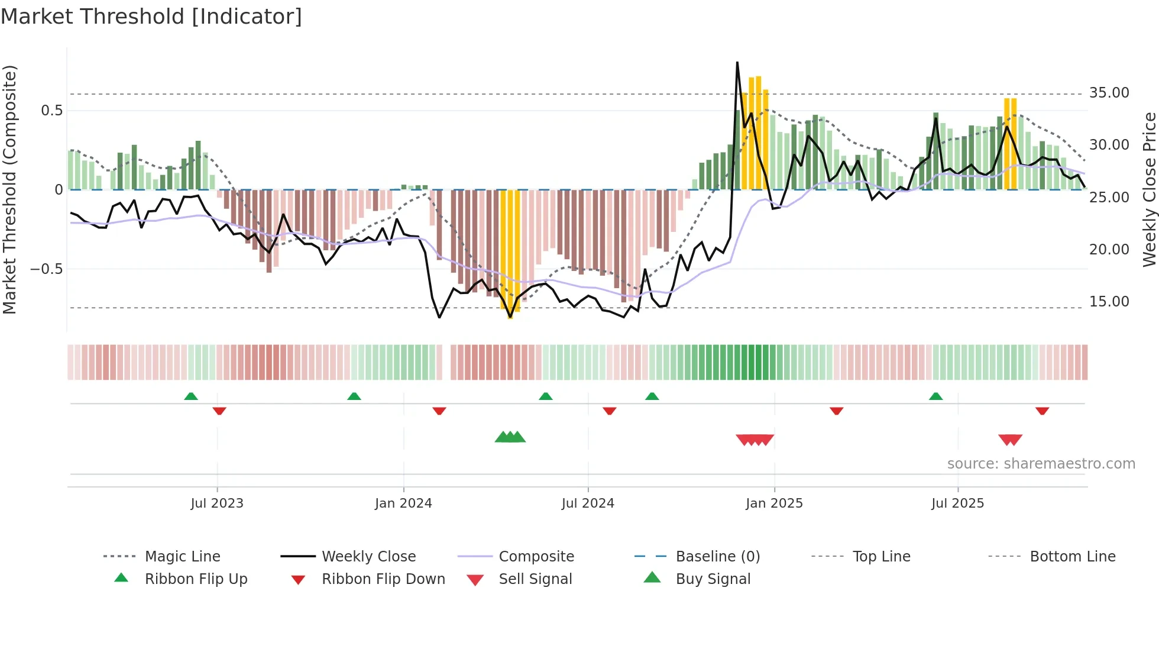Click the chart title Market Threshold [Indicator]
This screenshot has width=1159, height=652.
pyautogui.click(x=151, y=17)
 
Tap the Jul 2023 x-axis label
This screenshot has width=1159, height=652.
pyautogui.click(x=217, y=503)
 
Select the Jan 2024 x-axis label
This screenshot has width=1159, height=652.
pyautogui.click(x=403, y=503)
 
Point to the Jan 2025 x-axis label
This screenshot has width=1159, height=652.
pyautogui.click(x=774, y=503)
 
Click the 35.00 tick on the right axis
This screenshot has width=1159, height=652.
pyautogui.click(x=1109, y=93)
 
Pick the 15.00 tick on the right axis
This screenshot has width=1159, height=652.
pyautogui.click(x=1109, y=302)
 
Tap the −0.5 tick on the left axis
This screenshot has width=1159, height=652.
pyautogui.click(x=46, y=269)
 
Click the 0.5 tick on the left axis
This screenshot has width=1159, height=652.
pyautogui.click(x=51, y=111)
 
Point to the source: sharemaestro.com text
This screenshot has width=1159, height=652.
pyautogui.click(x=1041, y=464)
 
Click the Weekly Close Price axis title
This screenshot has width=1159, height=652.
pyautogui.click(x=1149, y=189)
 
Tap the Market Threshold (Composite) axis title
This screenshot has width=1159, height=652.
pyautogui.click(x=9, y=189)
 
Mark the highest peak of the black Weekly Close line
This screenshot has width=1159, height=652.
pyautogui.click(x=737, y=63)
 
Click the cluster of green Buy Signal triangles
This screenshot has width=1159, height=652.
pyautogui.click(x=510, y=438)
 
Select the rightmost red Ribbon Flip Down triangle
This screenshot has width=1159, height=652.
pyautogui.click(x=1042, y=411)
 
